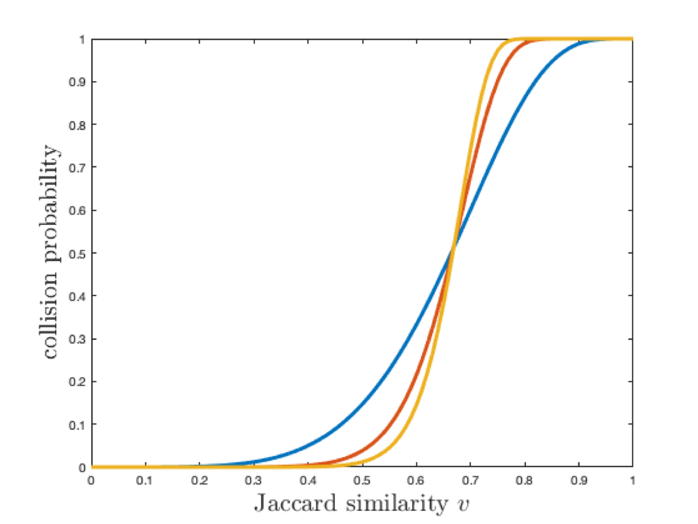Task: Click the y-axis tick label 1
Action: [82, 39]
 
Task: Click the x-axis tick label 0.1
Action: [145, 480]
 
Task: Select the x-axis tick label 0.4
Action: [308, 480]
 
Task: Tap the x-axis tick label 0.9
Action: [579, 480]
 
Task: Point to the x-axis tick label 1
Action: [633, 480]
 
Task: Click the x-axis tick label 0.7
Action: [470, 480]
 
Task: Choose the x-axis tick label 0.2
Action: [199, 480]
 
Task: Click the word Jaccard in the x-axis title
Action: [293, 503]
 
